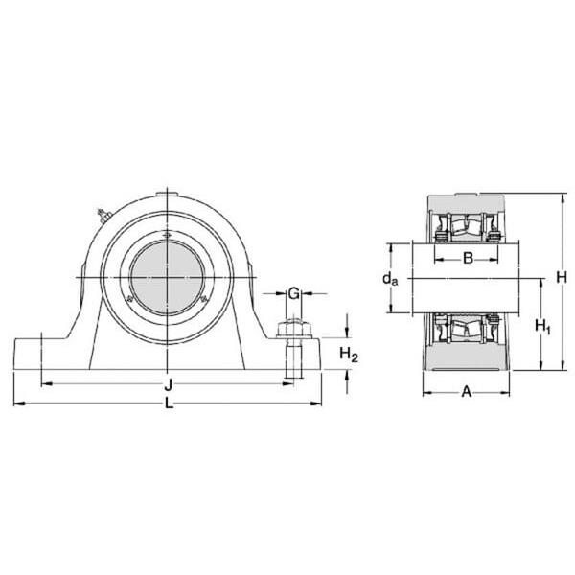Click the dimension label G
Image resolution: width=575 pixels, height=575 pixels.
tap(295, 292)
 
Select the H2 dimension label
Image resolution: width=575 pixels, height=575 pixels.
tap(350, 356)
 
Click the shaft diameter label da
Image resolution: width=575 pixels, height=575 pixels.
tap(389, 279)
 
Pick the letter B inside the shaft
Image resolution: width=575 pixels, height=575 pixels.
tap(468, 257)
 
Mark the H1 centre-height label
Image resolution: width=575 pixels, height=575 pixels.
tap(542, 326)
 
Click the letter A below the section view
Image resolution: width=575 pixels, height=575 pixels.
tap(468, 391)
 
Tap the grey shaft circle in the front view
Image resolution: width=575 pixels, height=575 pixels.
tap(169, 277)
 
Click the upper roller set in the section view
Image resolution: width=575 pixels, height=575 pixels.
tap(468, 230)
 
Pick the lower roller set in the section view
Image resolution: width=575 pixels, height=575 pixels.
tap(468, 331)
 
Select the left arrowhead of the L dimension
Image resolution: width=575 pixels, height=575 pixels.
tap(17, 402)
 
